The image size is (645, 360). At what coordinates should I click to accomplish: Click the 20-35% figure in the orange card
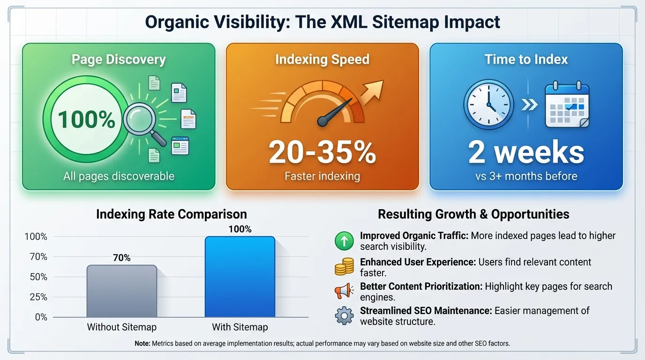point(322,152)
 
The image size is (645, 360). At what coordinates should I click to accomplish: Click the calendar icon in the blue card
point(567,105)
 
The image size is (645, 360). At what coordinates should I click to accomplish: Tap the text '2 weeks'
point(526,152)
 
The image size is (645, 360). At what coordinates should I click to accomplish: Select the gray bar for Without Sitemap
point(121,291)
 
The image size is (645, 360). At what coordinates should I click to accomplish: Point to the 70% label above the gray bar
point(121,257)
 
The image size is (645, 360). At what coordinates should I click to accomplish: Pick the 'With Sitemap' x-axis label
point(240,327)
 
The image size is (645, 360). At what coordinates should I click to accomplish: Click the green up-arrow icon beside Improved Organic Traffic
point(345,241)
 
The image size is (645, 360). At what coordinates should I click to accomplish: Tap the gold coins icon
point(345,266)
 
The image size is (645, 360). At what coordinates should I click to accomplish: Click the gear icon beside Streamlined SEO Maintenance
point(345,315)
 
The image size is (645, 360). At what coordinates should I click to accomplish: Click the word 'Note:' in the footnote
point(142,344)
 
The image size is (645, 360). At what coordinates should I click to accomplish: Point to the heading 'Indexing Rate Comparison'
point(171,214)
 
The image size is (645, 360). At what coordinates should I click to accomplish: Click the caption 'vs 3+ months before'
point(526,176)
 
